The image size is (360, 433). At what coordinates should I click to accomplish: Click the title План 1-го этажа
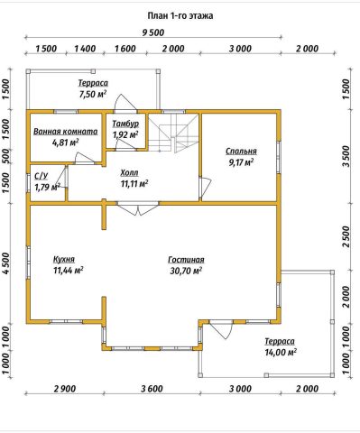pyautogui.click(x=180, y=15)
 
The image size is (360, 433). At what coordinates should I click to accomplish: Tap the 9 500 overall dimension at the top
pyautogui.click(x=153, y=32)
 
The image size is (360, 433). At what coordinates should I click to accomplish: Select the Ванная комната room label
pyautogui.click(x=66, y=132)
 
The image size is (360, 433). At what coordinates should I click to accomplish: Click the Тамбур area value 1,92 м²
pyautogui.click(x=125, y=134)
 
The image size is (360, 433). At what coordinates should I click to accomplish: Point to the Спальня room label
pyautogui.click(x=241, y=152)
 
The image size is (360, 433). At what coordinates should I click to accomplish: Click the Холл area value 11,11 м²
pyautogui.click(x=134, y=183)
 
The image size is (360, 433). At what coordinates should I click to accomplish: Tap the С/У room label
pyautogui.click(x=42, y=176)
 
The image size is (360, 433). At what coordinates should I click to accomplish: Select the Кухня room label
pyautogui.click(x=64, y=259)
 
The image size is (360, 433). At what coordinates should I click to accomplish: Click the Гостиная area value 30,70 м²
pyautogui.click(x=186, y=271)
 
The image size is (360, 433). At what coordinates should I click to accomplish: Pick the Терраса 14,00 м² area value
pyautogui.click(x=281, y=352)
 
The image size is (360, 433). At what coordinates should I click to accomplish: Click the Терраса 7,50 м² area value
pyautogui.click(x=93, y=94)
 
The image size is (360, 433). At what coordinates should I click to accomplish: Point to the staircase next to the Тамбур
pyautogui.click(x=174, y=133)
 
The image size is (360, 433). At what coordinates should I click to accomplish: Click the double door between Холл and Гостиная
pyautogui.click(x=138, y=208)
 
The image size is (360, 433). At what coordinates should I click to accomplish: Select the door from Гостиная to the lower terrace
pyautogui.click(x=222, y=329)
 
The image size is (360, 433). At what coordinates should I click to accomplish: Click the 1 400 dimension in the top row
pyautogui.click(x=85, y=49)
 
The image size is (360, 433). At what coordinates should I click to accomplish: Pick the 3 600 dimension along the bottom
pyautogui.click(x=152, y=389)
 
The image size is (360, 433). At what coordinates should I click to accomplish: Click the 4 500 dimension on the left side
pyautogui.click(x=6, y=263)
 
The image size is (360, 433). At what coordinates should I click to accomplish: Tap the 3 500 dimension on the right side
pyautogui.click(x=346, y=156)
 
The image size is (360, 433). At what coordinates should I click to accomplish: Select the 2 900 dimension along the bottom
pyautogui.click(x=64, y=389)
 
